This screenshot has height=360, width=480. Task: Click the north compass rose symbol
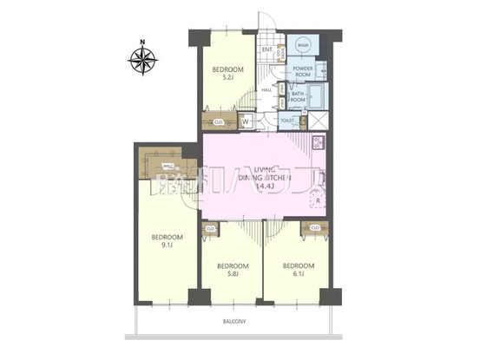[x=143, y=60]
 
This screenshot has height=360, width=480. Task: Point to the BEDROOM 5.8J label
[x=233, y=270]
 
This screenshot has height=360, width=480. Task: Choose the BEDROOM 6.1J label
[x=295, y=270]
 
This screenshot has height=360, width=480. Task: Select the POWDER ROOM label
[x=303, y=72]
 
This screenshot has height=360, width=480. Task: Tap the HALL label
[x=268, y=89]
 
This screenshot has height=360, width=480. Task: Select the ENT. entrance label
[x=268, y=50]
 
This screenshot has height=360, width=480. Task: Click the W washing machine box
[x=246, y=122]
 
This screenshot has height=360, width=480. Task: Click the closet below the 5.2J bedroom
[x=218, y=122]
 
